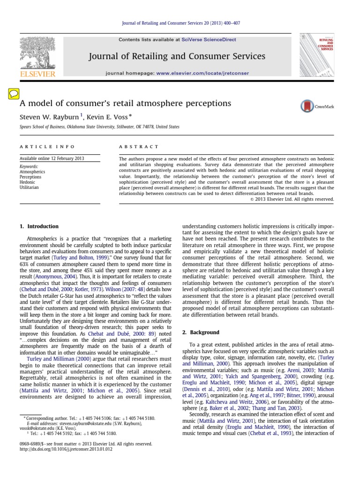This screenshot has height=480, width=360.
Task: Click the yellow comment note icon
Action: [x=14, y=93]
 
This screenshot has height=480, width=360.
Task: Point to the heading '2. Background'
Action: [x=200, y=332]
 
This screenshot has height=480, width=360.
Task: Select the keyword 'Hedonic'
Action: [x=27, y=182]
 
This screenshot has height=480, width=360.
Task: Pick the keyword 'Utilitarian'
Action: [x=29, y=187]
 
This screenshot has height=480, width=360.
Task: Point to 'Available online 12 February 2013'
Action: [x=52, y=158]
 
